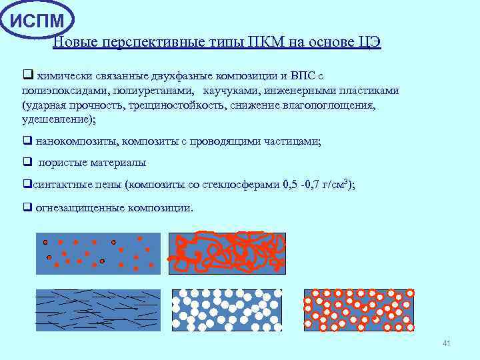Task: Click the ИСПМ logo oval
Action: point(37,20)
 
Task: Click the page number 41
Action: point(447,343)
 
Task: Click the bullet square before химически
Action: point(27,76)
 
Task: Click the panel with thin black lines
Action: point(98,310)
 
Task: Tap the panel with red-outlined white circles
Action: point(359,310)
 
